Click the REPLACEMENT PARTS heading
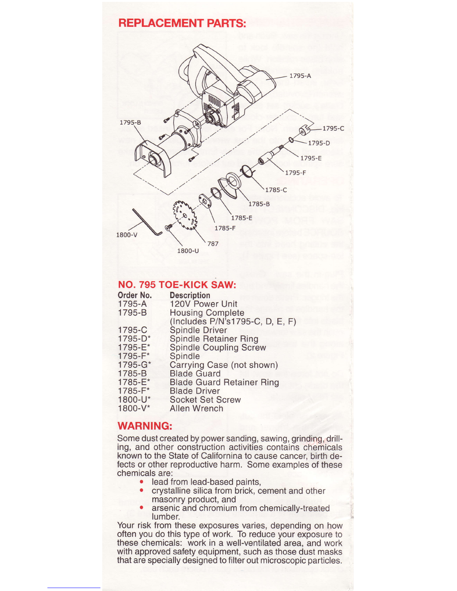click(x=182, y=23)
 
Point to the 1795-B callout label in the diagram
click(x=130, y=122)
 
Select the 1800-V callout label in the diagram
click(x=127, y=235)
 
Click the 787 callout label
click(x=213, y=244)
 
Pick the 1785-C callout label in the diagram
click(x=276, y=190)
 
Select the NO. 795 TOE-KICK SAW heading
click(x=177, y=285)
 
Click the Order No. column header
click(x=134, y=295)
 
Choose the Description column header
click(x=190, y=295)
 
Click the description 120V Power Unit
click(x=203, y=304)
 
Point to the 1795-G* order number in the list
click(x=134, y=365)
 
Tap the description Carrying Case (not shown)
click(x=224, y=365)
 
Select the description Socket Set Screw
click(x=205, y=400)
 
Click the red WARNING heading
click(x=145, y=426)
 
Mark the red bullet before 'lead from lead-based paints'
click(x=142, y=482)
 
